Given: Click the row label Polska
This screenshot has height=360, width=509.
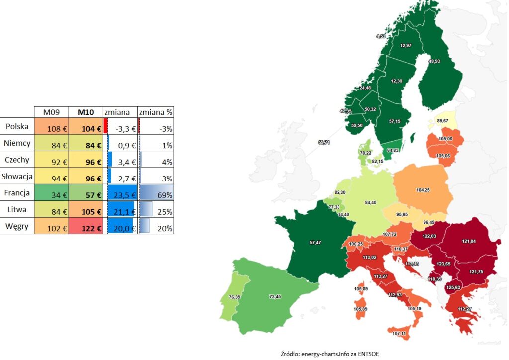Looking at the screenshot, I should pos(17,127).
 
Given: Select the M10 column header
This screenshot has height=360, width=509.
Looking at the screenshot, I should pos(85,112).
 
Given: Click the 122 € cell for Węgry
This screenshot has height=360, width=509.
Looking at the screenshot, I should pos(85,228).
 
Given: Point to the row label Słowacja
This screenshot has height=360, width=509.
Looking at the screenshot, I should pos(17,176).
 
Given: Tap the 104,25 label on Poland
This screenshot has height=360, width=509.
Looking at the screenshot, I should pos(423,190).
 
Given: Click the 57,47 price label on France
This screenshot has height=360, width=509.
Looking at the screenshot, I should pos(316,243).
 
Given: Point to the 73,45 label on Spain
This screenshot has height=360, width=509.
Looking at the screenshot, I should pos(275,296).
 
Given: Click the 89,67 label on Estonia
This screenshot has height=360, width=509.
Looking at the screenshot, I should pos(442,121).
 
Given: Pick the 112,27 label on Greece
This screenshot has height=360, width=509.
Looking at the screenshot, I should pos(464,309).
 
